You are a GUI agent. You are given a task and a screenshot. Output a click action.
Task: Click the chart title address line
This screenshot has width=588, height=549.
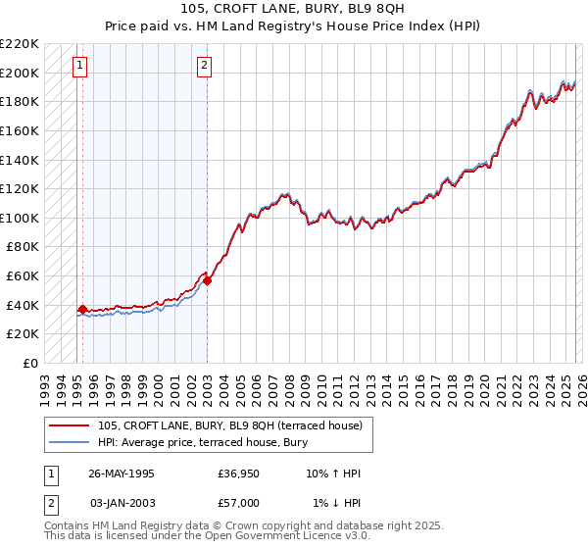click(293, 8)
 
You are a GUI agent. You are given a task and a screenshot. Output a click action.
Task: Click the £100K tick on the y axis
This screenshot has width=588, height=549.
click(21, 218)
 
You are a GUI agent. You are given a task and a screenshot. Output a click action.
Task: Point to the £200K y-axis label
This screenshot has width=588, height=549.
click(21, 73)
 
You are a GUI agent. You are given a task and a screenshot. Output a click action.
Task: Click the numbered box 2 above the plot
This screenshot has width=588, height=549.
click(204, 67)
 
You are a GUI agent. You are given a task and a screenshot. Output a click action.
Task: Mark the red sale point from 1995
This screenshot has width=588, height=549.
click(82, 310)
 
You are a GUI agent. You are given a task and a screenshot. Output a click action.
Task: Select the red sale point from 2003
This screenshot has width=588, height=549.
click(207, 280)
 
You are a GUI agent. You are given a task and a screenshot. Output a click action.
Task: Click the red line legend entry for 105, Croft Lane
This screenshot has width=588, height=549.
click(230, 425)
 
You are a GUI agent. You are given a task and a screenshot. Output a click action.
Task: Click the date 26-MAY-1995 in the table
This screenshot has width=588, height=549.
click(122, 474)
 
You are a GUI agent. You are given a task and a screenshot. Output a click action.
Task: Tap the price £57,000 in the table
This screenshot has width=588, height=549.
click(239, 502)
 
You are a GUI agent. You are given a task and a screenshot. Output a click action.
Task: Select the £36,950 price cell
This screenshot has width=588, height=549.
click(239, 474)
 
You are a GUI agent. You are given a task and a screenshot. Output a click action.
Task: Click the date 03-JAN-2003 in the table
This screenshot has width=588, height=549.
click(122, 502)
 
